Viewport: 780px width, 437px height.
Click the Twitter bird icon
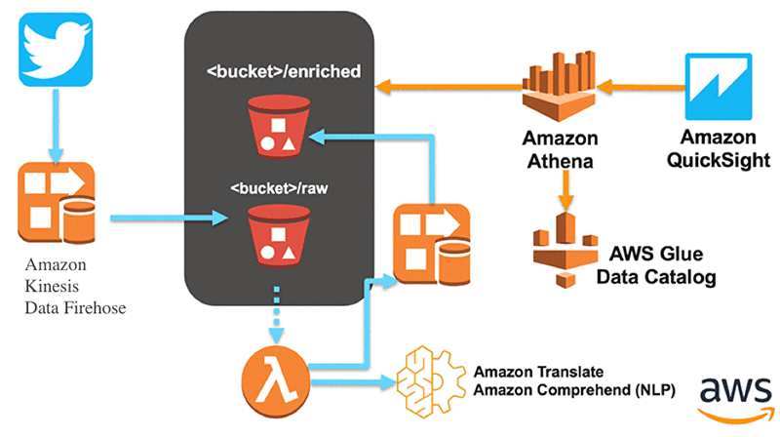tap(56, 50)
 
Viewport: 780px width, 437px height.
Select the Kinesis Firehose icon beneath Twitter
tap(57, 202)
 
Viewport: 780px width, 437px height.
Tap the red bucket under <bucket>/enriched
tap(279, 127)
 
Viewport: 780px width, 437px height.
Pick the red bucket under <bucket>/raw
tap(279, 235)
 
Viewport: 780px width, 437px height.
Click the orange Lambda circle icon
tap(276, 382)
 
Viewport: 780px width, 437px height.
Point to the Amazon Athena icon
tap(559, 86)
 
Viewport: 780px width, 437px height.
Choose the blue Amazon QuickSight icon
tap(719, 87)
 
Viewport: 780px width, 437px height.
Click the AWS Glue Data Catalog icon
tap(565, 250)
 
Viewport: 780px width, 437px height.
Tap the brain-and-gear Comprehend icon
tap(431, 381)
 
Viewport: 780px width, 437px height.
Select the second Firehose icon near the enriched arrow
tap(432, 244)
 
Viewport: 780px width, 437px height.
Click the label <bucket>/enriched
tap(284, 71)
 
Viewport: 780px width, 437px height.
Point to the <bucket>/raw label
tap(279, 188)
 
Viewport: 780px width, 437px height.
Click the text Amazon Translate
tap(538, 372)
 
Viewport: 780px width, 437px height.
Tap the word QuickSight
tap(719, 160)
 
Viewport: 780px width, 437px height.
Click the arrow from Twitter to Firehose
tap(56, 127)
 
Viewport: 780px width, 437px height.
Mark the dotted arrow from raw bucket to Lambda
tap(277, 314)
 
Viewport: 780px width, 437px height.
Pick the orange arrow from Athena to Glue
tap(565, 190)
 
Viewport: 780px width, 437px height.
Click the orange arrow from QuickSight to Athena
tap(641, 88)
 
